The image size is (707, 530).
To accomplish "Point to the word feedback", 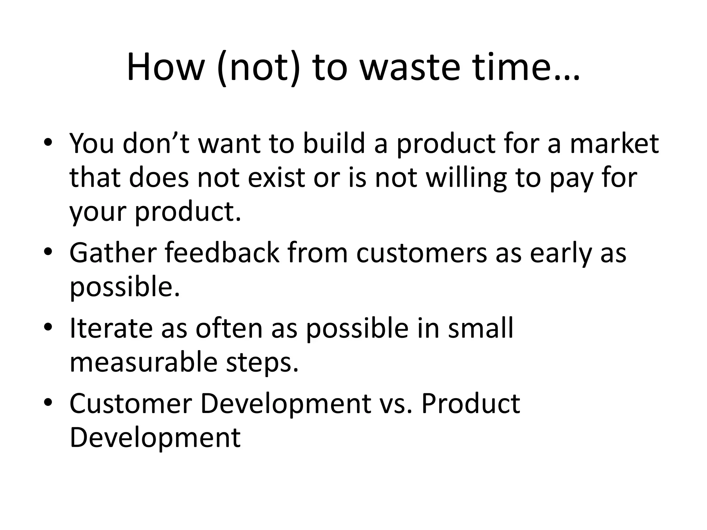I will [222, 253].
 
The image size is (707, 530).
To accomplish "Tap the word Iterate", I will [111, 328].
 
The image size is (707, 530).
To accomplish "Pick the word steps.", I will [262, 363].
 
